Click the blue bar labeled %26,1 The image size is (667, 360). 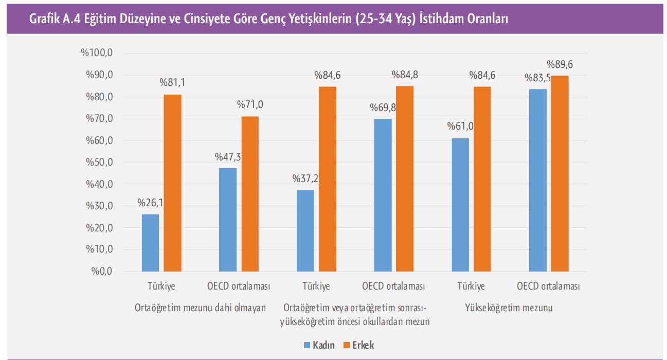(150, 242)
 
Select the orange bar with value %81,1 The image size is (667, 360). (172, 183)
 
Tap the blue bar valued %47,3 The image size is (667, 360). (228, 220)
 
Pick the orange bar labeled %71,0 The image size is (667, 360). (250, 194)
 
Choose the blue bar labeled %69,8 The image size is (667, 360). (383, 195)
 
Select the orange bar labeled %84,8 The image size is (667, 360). (405, 178)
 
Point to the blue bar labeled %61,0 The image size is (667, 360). (460, 205)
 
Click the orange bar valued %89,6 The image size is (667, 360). (560, 173)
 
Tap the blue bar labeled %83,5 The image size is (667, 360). (538, 180)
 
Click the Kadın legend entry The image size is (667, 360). (319, 345)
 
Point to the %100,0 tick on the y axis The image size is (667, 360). (96, 53)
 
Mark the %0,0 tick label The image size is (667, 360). (101, 272)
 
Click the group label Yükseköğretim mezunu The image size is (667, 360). (509, 308)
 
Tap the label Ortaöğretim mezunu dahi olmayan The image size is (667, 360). (200, 308)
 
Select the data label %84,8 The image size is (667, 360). (405, 75)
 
